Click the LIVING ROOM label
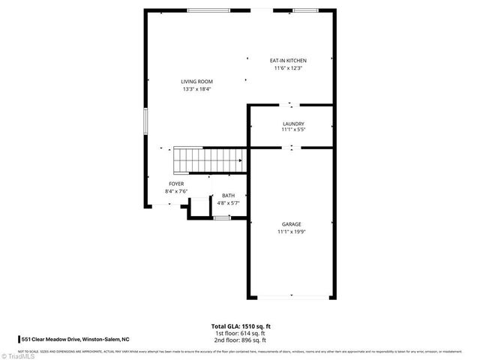click(196, 82)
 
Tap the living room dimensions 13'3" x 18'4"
click(196, 89)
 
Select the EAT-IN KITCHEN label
click(288, 61)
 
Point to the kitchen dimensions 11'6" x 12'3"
click(288, 68)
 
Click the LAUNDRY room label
click(292, 123)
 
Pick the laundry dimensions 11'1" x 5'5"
click(292, 130)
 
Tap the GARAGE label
click(292, 224)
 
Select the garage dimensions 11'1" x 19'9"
click(292, 232)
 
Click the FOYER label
click(176, 184)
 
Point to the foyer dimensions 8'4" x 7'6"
click(176, 191)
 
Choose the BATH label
click(227, 196)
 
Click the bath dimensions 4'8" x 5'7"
click(227, 203)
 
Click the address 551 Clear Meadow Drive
click(75, 339)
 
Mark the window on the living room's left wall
click(145, 121)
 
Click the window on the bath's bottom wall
click(221, 217)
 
